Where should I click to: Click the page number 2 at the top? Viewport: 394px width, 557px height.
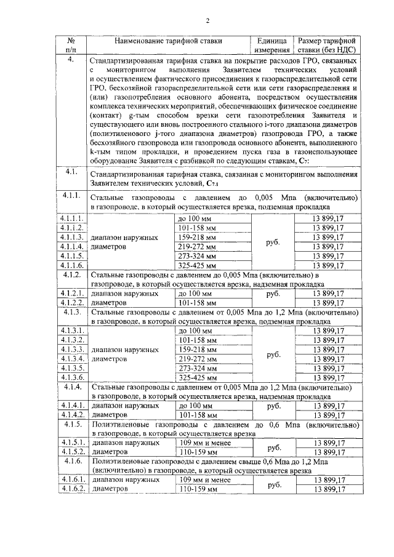[x=207, y=20]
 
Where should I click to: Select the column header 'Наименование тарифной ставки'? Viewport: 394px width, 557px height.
[x=168, y=41]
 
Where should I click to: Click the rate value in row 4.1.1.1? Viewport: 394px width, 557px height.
[x=328, y=218]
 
